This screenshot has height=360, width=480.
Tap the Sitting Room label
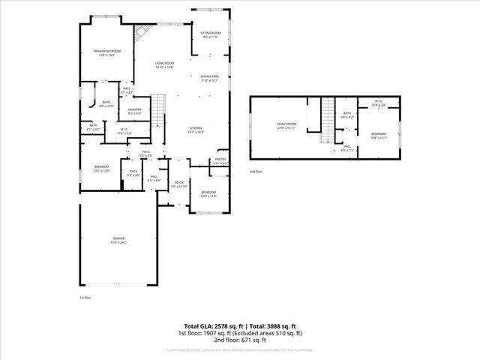tap(210, 34)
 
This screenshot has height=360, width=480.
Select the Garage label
tap(119, 240)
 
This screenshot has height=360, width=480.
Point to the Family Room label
tap(286, 125)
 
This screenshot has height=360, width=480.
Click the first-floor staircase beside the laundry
tap(158, 106)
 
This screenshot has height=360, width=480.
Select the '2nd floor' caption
tap(256, 172)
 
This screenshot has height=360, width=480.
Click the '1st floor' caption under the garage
tap(85, 298)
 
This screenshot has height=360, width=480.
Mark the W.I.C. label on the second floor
tap(378, 103)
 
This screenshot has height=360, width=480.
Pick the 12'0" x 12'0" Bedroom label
tap(101, 168)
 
